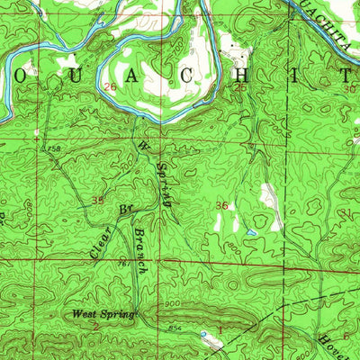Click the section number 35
(x=97, y=201)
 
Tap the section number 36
(x=221, y=206)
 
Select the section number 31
(x=349, y=212)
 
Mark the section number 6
(x=346, y=335)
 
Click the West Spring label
(x=103, y=315)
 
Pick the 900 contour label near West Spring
(x=170, y=305)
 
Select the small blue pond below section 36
(x=252, y=233)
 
